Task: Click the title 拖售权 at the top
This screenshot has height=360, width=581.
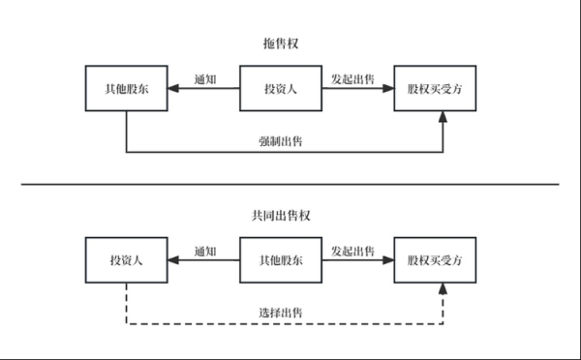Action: coord(281,43)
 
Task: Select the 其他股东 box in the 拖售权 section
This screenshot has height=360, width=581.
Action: coord(126,89)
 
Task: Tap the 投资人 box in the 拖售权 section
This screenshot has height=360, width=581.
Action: coord(281,89)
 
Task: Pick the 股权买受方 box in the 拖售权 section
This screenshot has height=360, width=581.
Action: coord(435,89)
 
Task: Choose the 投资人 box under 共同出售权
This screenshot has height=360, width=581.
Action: coord(126,260)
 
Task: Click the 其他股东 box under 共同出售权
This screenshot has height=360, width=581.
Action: coord(281,260)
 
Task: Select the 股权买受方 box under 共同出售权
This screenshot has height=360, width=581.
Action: coord(435,260)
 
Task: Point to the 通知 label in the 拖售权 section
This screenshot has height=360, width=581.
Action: coord(204,79)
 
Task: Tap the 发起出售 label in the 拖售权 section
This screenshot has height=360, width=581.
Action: coord(353,79)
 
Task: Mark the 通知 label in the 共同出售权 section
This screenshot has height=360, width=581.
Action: coord(204,251)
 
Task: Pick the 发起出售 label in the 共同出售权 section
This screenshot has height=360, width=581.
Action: coord(353,251)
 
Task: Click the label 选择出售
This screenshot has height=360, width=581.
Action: coord(280,314)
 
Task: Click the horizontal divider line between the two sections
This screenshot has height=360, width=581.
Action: coord(290,184)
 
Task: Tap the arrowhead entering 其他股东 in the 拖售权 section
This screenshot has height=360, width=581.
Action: coord(173,89)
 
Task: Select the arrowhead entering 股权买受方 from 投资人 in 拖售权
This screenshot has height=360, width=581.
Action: coord(388,89)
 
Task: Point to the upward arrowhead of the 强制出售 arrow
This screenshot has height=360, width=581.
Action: coord(443,117)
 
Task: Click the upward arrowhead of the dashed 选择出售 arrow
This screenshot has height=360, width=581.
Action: coord(443,288)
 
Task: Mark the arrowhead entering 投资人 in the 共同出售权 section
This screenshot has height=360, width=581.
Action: coord(173,260)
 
